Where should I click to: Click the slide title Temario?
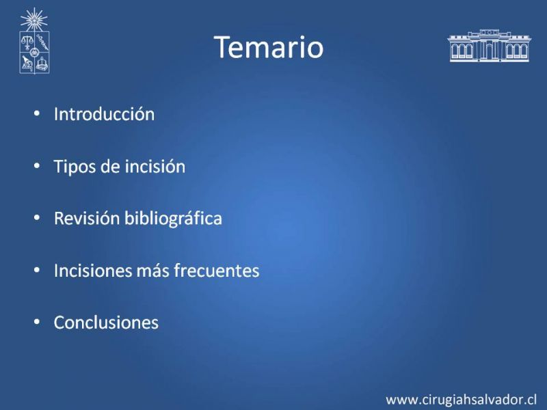point(269,47)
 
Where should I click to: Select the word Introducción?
point(104,114)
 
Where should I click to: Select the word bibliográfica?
point(174,219)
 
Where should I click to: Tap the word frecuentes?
point(217,271)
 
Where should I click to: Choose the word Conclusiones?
point(106,323)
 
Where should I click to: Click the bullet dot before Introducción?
point(37,113)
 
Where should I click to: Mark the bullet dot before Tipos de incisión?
point(37,165)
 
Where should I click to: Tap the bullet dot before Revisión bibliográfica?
point(37,218)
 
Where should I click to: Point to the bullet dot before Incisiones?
point(37,270)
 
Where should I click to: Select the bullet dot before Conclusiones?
point(37,322)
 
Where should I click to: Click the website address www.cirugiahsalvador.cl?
point(461,400)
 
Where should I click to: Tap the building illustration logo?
point(489,46)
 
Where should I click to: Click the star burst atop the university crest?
point(34,20)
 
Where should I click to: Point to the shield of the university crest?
point(34,53)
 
